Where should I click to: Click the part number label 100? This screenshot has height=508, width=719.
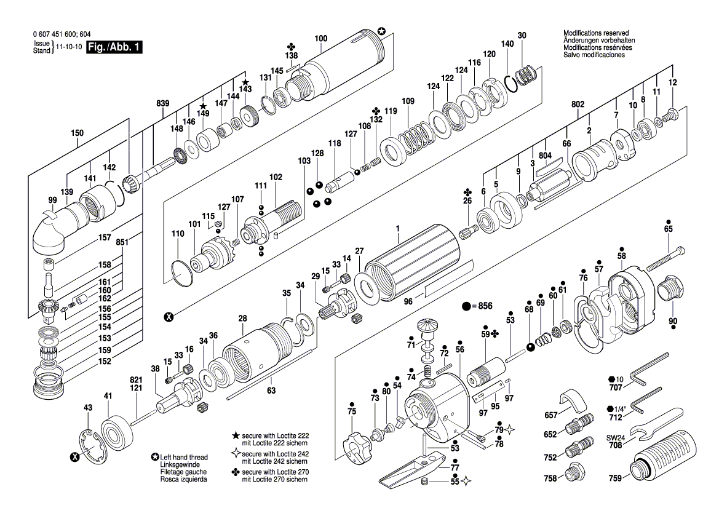[320, 39]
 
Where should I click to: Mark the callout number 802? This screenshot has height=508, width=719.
[578, 105]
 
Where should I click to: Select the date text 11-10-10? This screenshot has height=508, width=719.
[69, 47]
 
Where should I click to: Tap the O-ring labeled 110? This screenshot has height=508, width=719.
[181, 270]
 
